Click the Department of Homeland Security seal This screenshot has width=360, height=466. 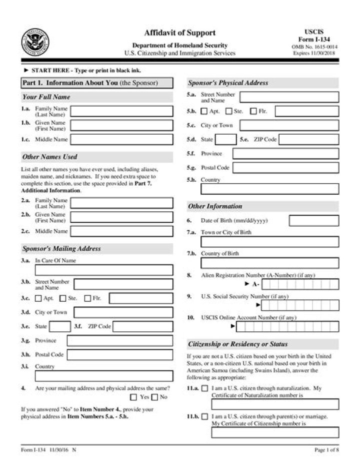tap(35, 41)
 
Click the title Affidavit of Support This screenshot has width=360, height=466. tap(179, 33)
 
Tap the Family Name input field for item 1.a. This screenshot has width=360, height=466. tap(122, 111)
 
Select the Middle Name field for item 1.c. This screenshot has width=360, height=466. tap(122, 139)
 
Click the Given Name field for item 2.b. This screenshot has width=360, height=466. tap(122, 217)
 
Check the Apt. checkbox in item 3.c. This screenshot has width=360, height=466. tap(38, 299)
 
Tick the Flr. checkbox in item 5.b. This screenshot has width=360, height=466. tap(253, 111)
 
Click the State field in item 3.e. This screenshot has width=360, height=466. tap(60, 327)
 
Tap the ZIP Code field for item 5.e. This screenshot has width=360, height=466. tap(308, 140)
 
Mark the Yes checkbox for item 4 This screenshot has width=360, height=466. tap(133, 397)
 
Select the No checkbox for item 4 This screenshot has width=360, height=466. tap(155, 397)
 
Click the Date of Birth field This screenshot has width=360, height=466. tap(313, 221)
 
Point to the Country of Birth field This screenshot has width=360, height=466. tap(269, 263)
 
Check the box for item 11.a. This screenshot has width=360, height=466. tap(204, 388)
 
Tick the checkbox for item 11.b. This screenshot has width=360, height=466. tap(204, 416)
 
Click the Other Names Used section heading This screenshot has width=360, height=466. tap(49, 157)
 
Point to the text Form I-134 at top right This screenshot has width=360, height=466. tap(314, 40)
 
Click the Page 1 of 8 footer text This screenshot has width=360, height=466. tap(326, 450)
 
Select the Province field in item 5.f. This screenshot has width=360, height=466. tap(285, 154)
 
